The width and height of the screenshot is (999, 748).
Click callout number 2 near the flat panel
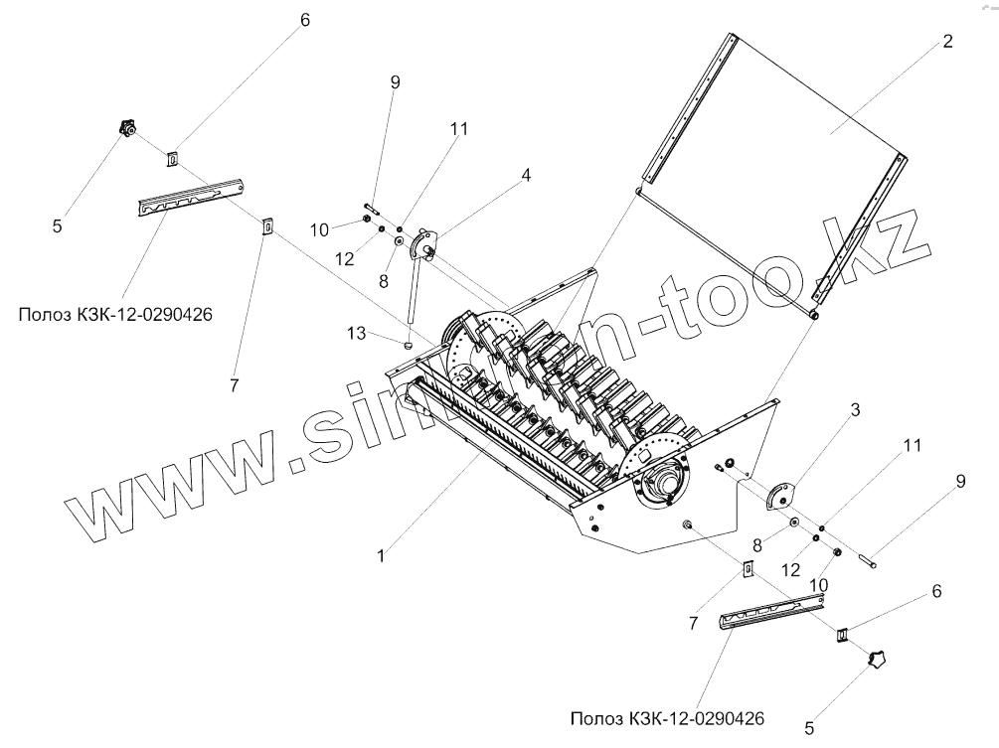[x=946, y=42]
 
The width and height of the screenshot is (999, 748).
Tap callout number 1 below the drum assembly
[x=381, y=557]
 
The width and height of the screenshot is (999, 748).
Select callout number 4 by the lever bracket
[x=526, y=176]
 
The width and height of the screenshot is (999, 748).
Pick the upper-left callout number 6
[x=304, y=20]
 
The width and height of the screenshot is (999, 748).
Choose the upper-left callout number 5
[x=57, y=226]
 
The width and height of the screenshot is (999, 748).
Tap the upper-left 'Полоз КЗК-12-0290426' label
[x=116, y=315]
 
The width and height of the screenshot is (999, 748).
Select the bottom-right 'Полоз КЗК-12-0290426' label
[x=668, y=717]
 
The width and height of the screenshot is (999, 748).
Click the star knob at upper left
[x=126, y=128]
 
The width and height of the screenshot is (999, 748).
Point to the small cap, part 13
[x=408, y=343]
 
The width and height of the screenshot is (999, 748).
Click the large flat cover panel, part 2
[x=775, y=169]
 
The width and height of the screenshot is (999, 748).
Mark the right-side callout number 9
[x=959, y=482]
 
